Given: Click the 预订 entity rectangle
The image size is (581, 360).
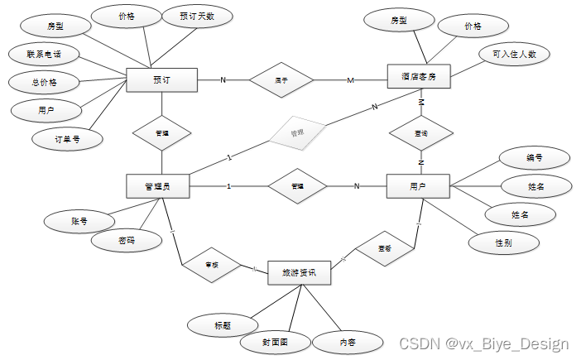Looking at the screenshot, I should (x=161, y=80).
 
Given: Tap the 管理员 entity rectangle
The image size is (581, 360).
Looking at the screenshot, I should (x=157, y=186).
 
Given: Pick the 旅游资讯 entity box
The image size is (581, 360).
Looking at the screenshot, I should (x=300, y=272).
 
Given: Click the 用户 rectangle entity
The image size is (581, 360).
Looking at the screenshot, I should (x=417, y=186).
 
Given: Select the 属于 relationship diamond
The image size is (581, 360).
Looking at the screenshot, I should (x=281, y=80).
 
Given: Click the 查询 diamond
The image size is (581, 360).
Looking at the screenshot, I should (x=420, y=132).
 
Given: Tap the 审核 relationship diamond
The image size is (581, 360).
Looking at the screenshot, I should (x=211, y=264).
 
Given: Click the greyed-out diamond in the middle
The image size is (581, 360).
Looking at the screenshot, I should (x=295, y=132).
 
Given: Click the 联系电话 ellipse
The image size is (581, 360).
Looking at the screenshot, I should (x=43, y=55).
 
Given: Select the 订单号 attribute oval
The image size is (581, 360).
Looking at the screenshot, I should (x=68, y=139).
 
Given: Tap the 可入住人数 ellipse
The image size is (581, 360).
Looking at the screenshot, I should (x=514, y=55).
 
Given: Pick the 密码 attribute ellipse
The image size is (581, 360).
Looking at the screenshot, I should (x=126, y=241).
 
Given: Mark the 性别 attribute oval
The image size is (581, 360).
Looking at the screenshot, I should (x=502, y=242).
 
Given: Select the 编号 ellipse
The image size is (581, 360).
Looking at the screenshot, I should (x=535, y=157).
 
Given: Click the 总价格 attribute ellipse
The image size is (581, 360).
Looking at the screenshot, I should (x=43, y=82).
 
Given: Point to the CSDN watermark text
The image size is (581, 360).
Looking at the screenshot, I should (x=483, y=343).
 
